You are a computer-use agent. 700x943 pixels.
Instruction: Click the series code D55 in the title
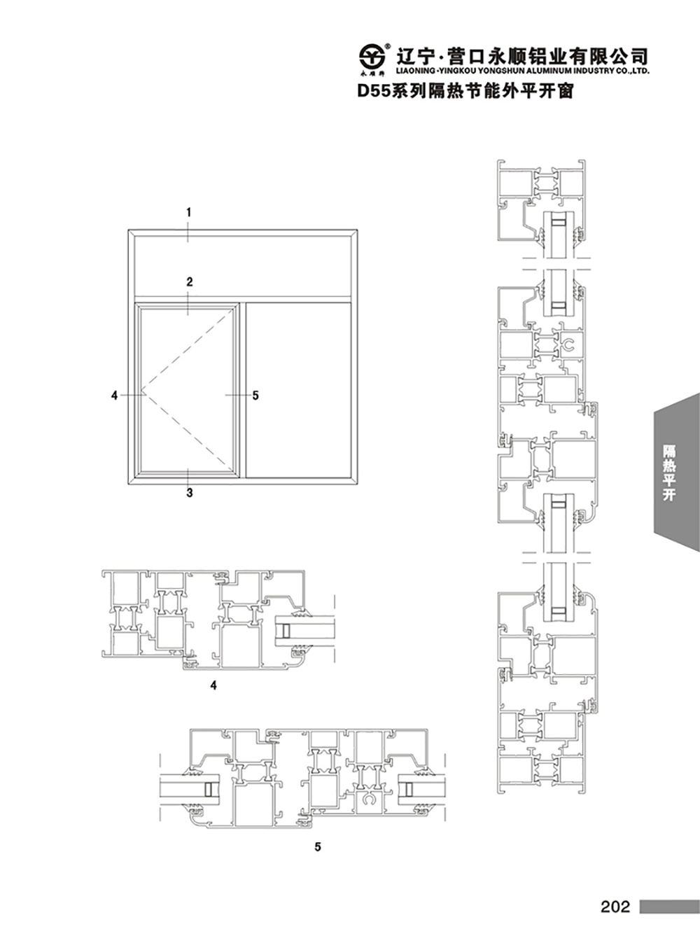374,91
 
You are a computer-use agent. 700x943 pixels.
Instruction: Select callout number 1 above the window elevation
189,212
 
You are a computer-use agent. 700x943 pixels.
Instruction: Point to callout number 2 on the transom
190,281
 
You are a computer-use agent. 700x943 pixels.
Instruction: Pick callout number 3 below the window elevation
190,493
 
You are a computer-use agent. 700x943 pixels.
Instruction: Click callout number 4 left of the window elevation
114,396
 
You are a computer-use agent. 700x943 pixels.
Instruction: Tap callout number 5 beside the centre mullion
255,396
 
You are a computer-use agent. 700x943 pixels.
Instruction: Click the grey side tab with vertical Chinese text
677,472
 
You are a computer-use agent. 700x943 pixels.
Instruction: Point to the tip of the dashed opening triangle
141,389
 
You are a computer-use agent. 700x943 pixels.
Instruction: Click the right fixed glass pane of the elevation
298,390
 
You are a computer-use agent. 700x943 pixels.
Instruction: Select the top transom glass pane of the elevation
243,266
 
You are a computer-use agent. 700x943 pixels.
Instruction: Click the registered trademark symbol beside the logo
387,45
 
